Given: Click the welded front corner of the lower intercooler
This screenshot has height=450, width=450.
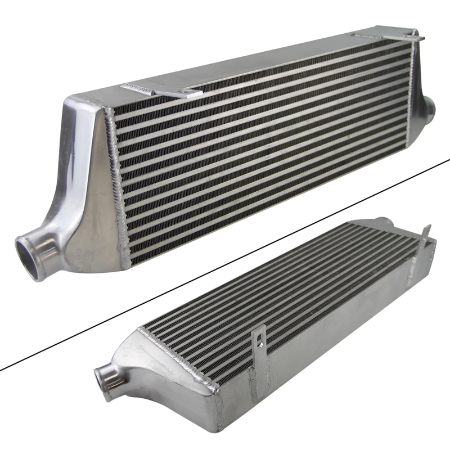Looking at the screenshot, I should pos(217,389).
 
